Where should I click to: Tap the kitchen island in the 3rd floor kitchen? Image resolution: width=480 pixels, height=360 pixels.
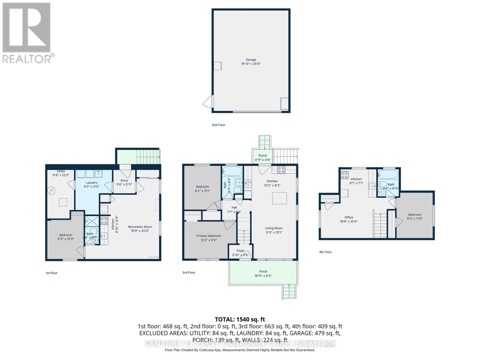pos(279,198)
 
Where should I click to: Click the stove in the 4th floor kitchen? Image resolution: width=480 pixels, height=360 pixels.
pos(344,175)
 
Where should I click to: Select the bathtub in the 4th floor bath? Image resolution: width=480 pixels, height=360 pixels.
pos(388,174)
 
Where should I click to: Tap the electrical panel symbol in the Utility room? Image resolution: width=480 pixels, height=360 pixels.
pos(51,190)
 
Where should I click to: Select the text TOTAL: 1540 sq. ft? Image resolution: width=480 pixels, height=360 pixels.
pos(240,319)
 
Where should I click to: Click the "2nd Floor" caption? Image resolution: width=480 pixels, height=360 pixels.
pos(218,125)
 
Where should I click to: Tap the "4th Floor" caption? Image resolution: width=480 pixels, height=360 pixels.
pos(325,252)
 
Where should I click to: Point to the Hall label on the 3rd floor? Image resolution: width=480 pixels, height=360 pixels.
pos(234,208)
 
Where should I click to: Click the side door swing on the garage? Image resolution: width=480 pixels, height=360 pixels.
pos(208,102)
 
